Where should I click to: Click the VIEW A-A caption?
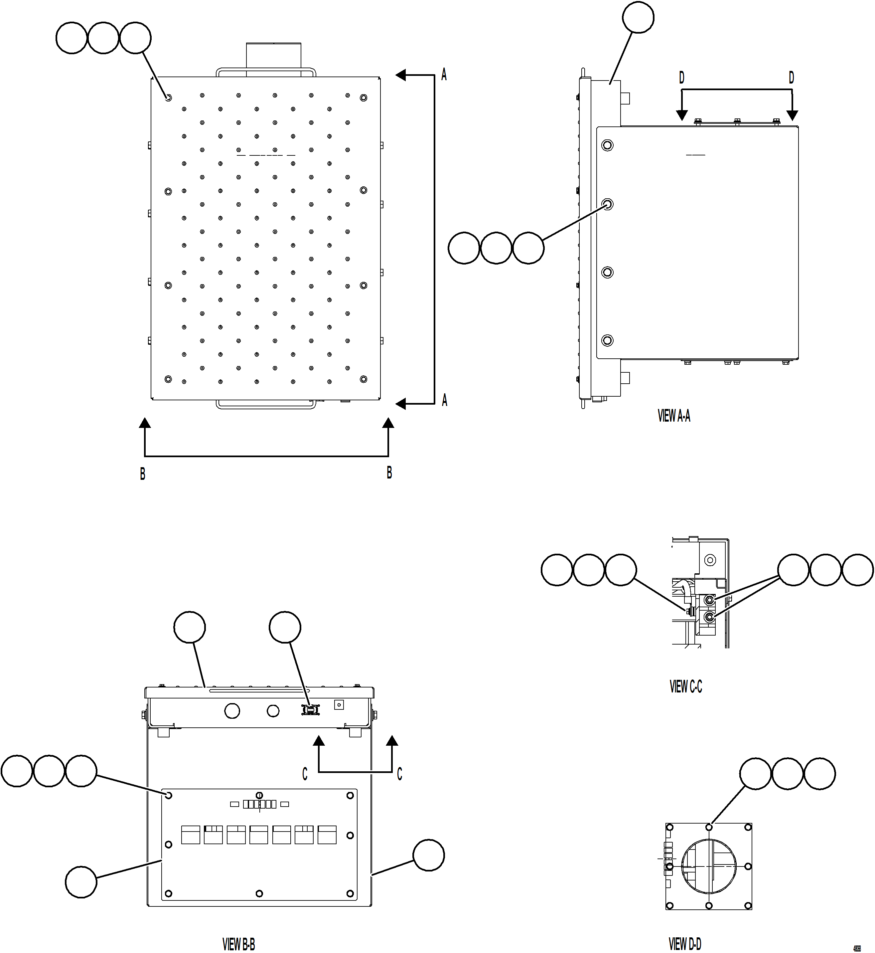pyautogui.click(x=673, y=416)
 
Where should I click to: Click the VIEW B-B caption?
pyautogui.click(x=239, y=944)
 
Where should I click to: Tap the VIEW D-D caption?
pyautogui.click(x=685, y=944)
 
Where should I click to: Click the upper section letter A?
pyautogui.click(x=444, y=74)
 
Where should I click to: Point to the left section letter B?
pyautogui.click(x=143, y=474)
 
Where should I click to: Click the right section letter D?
pyautogui.click(x=791, y=78)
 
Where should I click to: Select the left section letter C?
pyautogui.click(x=305, y=774)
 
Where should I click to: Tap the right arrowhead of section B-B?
pyautogui.click(x=388, y=423)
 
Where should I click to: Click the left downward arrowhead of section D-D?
pyautogui.click(x=682, y=115)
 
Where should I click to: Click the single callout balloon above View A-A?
pyautogui.click(x=638, y=18)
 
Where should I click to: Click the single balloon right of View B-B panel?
pyautogui.click(x=428, y=856)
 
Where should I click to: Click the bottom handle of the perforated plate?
pyautogui.click(x=266, y=405)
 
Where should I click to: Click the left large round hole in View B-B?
pyautogui.click(x=232, y=710)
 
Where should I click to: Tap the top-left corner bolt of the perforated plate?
pyautogui.click(x=168, y=97)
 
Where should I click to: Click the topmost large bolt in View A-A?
pyautogui.click(x=608, y=145)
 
